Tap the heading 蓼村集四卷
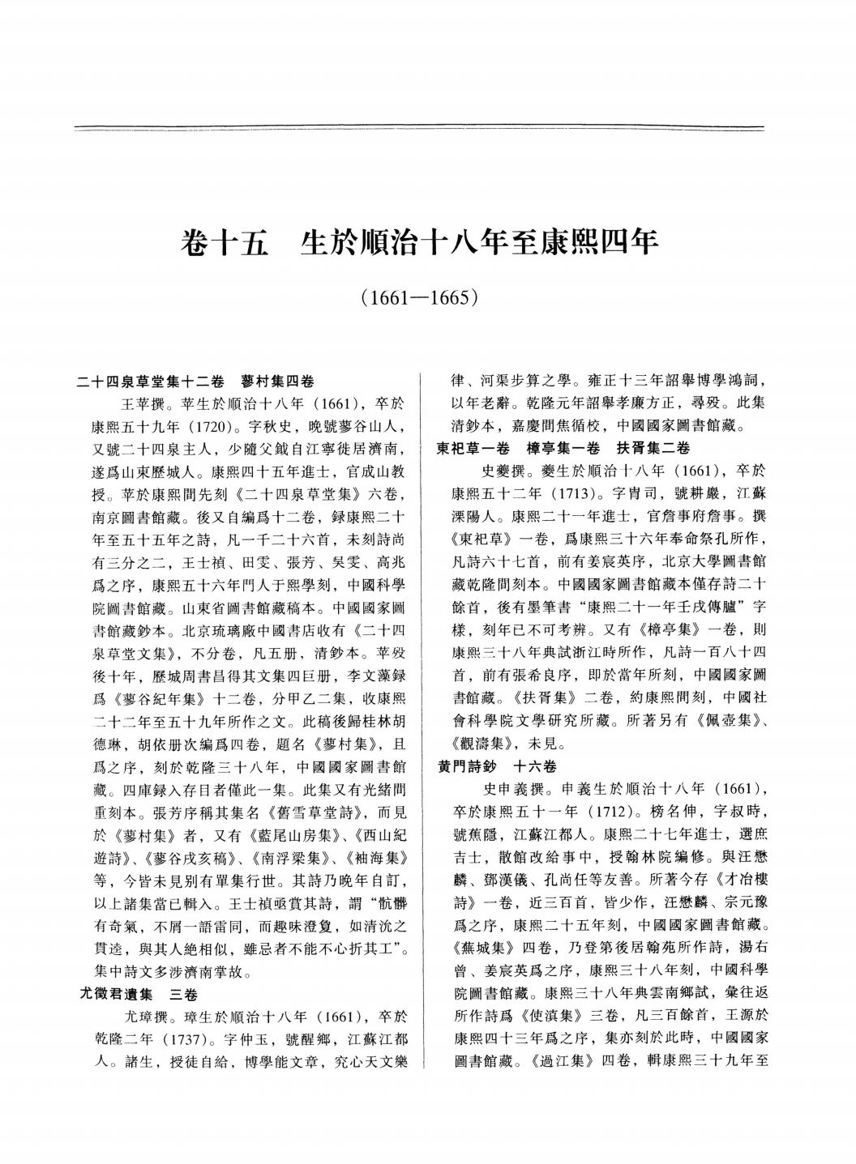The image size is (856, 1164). [x=278, y=381]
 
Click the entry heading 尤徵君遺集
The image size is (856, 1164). [x=123, y=994]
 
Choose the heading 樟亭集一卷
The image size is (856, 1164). [x=562, y=447]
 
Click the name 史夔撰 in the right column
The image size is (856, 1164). [x=505, y=469]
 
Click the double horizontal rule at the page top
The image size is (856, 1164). [x=418, y=128]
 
